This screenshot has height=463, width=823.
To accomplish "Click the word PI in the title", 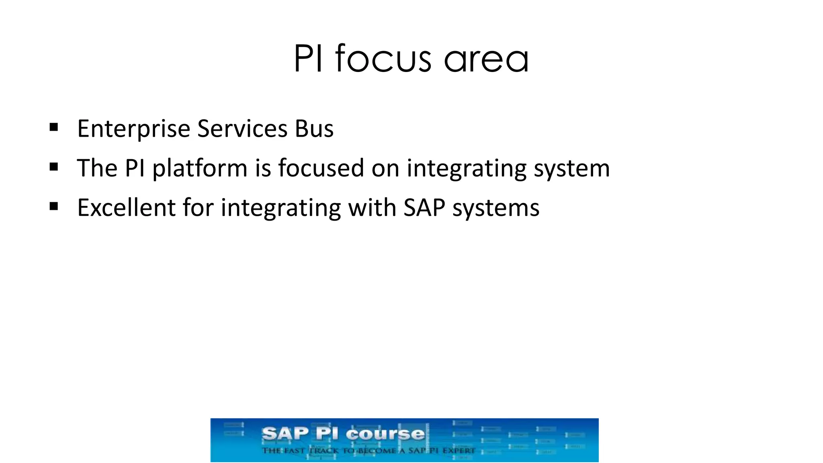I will pos(308,59).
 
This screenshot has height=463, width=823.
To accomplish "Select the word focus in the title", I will pos(383,59).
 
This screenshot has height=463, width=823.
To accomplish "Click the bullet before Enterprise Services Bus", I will pos(54,128).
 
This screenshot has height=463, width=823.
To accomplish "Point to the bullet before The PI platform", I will pos(54,167).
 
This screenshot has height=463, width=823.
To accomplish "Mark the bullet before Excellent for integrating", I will pos(54,207).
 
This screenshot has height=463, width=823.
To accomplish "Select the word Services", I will pos(242,129).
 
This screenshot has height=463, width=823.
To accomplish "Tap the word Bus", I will pos(314,129).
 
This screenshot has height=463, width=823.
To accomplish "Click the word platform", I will pos(200,168).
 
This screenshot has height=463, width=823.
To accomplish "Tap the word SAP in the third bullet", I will pos(424,208).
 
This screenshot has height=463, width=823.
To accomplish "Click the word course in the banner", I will pos(385,434).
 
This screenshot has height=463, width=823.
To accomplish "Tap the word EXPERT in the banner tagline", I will pos(459,451).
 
